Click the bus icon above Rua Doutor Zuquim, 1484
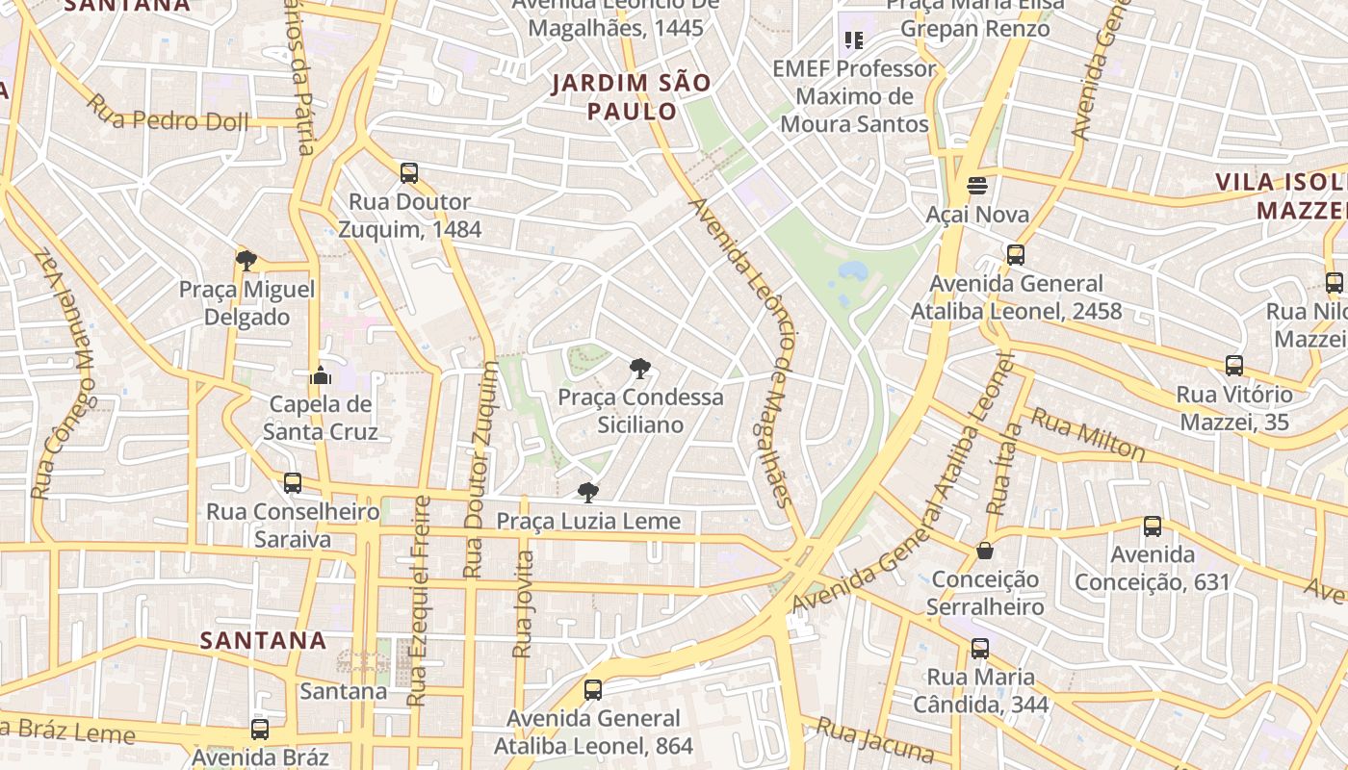(409, 173)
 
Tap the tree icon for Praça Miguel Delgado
(246, 260)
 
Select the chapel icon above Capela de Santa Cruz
(321, 374)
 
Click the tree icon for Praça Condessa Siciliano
(639, 368)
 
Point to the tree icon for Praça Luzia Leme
(587, 493)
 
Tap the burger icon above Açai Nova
(977, 186)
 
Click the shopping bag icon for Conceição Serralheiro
(985, 551)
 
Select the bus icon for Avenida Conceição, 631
(1153, 526)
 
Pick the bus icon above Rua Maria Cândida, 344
(980, 649)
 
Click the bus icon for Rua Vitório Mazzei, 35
(1234, 366)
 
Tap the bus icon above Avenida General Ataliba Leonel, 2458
(1016, 255)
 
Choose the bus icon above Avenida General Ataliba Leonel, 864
(593, 690)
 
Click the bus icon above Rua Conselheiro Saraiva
(293, 483)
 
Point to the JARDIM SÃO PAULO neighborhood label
(632, 97)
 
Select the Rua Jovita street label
(523, 603)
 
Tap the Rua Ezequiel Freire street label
(418, 602)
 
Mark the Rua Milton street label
(1088, 434)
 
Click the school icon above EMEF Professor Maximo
(853, 40)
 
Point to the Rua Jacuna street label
(875, 740)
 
